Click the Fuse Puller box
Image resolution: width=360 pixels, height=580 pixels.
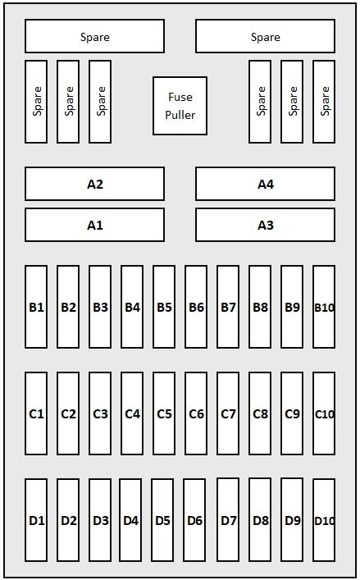pyautogui.click(x=180, y=106)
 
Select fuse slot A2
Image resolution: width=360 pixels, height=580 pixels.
pyautogui.click(x=94, y=184)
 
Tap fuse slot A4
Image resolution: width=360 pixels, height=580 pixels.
pyautogui.click(x=266, y=184)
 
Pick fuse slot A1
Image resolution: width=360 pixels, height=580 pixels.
pyautogui.click(x=94, y=225)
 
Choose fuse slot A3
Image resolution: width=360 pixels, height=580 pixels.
pyautogui.click(x=266, y=225)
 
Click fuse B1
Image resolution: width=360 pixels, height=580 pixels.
pyautogui.click(x=36, y=307)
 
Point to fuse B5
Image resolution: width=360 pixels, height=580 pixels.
pyautogui.click(x=164, y=307)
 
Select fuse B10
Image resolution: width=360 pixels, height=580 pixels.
pyautogui.click(x=324, y=307)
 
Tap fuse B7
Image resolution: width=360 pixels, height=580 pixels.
pyautogui.click(x=228, y=307)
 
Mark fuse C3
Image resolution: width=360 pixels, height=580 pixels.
pyautogui.click(x=100, y=413)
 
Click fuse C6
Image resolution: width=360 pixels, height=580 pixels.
pyautogui.click(x=196, y=413)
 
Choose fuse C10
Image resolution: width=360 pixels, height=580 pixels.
pyautogui.click(x=324, y=413)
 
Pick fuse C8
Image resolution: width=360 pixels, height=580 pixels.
pyautogui.click(x=260, y=413)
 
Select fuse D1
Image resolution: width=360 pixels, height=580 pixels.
pyautogui.click(x=36, y=520)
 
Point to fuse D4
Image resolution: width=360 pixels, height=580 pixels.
pyautogui.click(x=130, y=520)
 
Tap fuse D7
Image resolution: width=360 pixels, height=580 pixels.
pyautogui.click(x=228, y=520)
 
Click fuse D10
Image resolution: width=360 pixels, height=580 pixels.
pyautogui.click(x=324, y=520)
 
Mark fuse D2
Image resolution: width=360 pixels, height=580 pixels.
pyautogui.click(x=68, y=520)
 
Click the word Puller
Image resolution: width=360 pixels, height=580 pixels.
pyautogui.click(x=180, y=115)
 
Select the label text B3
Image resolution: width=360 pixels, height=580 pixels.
pyautogui.click(x=100, y=307)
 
